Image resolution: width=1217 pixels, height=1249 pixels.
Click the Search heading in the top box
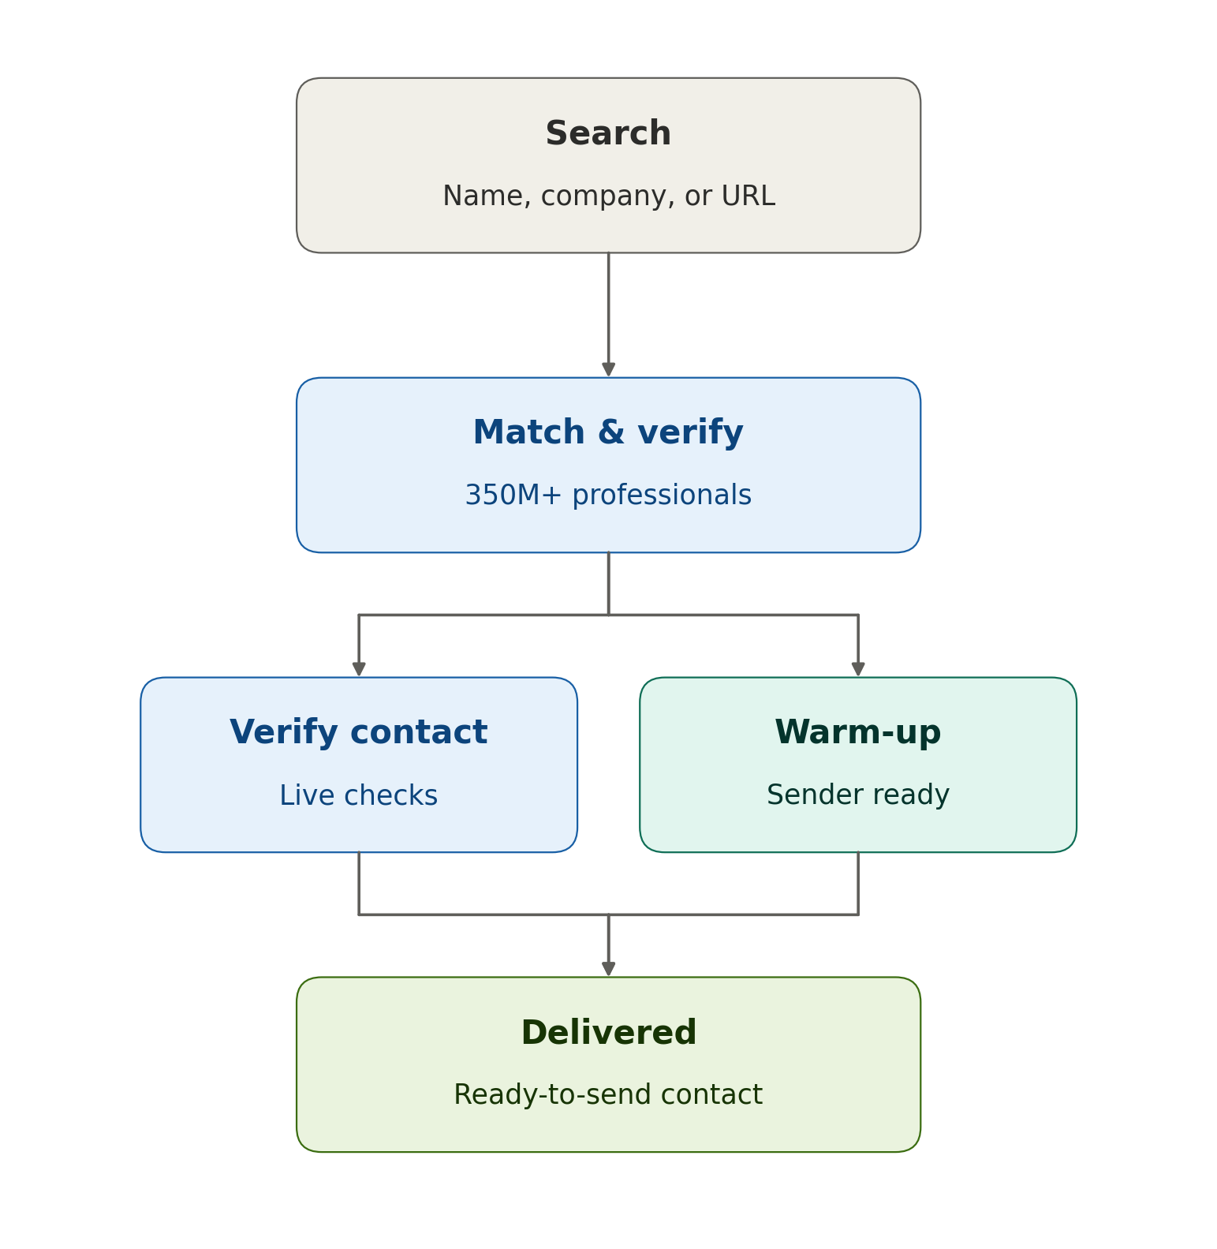click(x=608, y=133)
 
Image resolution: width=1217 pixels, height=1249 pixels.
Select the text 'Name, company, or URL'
click(x=608, y=196)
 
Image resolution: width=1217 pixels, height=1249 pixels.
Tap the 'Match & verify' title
click(x=608, y=432)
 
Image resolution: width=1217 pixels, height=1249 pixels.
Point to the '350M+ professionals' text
click(x=608, y=495)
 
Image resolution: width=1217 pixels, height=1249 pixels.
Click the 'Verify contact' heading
click(x=359, y=732)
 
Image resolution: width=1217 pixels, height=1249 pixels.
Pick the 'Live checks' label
click(x=359, y=795)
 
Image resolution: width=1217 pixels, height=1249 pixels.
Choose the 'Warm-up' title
click(x=858, y=732)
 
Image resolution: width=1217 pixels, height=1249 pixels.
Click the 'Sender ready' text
click(x=858, y=795)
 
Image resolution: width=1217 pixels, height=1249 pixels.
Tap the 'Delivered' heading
click(x=608, y=1032)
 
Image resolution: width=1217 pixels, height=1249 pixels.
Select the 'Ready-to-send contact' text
click(x=608, y=1095)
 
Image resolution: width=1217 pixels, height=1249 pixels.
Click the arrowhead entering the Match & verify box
click(x=608, y=370)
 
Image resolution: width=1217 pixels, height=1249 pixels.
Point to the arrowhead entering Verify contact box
click(x=359, y=670)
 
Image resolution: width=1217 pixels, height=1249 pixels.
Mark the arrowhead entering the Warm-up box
click(x=858, y=670)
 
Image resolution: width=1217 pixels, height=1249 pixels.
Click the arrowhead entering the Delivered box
click(x=608, y=970)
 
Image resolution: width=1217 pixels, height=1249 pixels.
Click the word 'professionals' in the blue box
click(x=662, y=495)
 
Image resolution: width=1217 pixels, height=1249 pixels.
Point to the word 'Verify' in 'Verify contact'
click(x=284, y=732)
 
